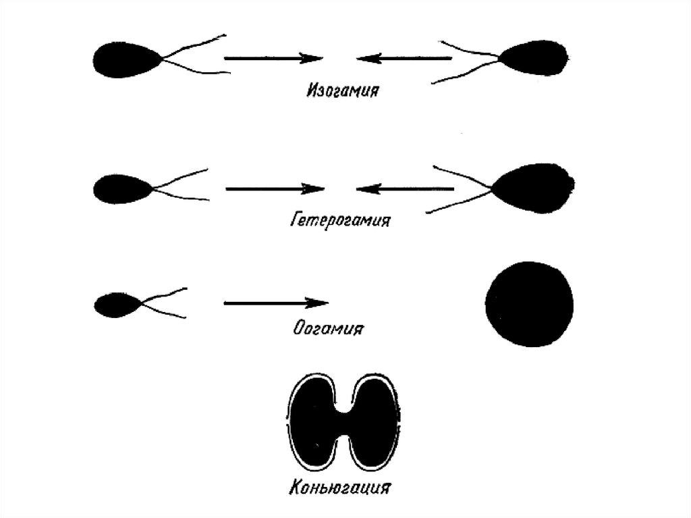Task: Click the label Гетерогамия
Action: pyautogui.click(x=341, y=219)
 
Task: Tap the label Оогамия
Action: pyautogui.click(x=329, y=329)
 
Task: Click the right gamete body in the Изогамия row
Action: pyautogui.click(x=538, y=58)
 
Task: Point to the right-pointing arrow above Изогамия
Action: pyautogui.click(x=273, y=59)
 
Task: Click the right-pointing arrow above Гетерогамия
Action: pyautogui.click(x=275, y=188)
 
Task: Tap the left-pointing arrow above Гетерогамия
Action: pyautogui.click(x=405, y=189)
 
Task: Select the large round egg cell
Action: pyautogui.click(x=530, y=303)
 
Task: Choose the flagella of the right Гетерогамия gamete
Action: pyautogui.click(x=462, y=190)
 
